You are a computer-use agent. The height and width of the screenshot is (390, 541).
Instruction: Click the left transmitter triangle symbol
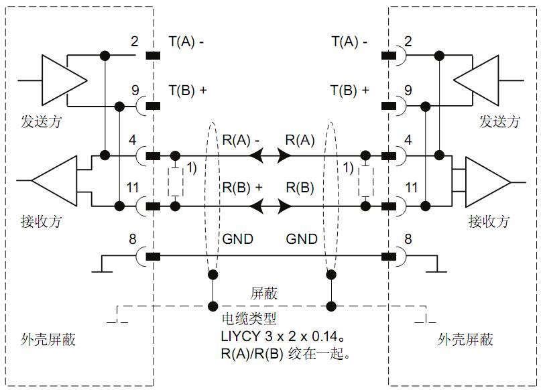click(64, 80)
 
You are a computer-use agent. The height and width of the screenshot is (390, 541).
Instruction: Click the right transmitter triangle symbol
click(477, 80)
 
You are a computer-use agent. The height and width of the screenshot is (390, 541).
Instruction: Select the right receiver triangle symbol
click(487, 181)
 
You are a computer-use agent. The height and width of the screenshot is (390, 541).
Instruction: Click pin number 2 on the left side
click(134, 42)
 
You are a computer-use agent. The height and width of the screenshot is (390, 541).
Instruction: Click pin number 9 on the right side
click(408, 90)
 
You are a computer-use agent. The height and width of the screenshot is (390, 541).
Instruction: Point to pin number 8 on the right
click(408, 239)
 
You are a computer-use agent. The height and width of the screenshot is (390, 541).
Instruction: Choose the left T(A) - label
click(186, 42)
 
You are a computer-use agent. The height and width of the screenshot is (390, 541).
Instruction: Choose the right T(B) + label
click(350, 90)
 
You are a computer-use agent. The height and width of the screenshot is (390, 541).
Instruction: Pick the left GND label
click(237, 239)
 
